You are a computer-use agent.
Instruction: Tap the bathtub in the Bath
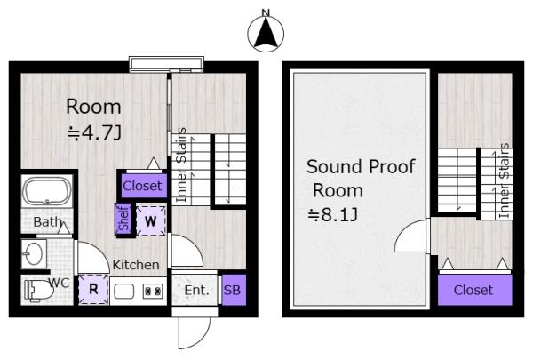click(47, 191)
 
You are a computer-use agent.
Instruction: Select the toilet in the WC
click(38, 291)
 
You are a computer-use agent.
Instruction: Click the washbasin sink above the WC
click(34, 253)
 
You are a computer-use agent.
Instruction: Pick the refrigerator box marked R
click(93, 290)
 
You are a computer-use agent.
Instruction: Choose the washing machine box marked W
click(151, 220)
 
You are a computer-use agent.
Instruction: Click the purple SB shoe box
click(234, 290)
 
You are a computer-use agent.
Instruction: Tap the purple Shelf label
click(123, 218)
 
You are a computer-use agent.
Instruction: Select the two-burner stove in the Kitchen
click(153, 292)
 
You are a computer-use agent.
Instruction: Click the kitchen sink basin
click(123, 292)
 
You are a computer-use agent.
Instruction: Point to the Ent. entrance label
click(196, 291)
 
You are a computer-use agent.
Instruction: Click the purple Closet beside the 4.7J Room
click(142, 186)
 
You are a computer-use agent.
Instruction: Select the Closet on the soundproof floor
click(474, 290)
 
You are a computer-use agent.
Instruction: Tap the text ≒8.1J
click(332, 215)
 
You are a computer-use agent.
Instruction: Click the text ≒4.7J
click(94, 132)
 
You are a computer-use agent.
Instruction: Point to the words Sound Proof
click(361, 167)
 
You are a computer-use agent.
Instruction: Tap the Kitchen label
click(136, 265)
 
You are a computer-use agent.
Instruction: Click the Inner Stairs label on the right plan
click(505, 181)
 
